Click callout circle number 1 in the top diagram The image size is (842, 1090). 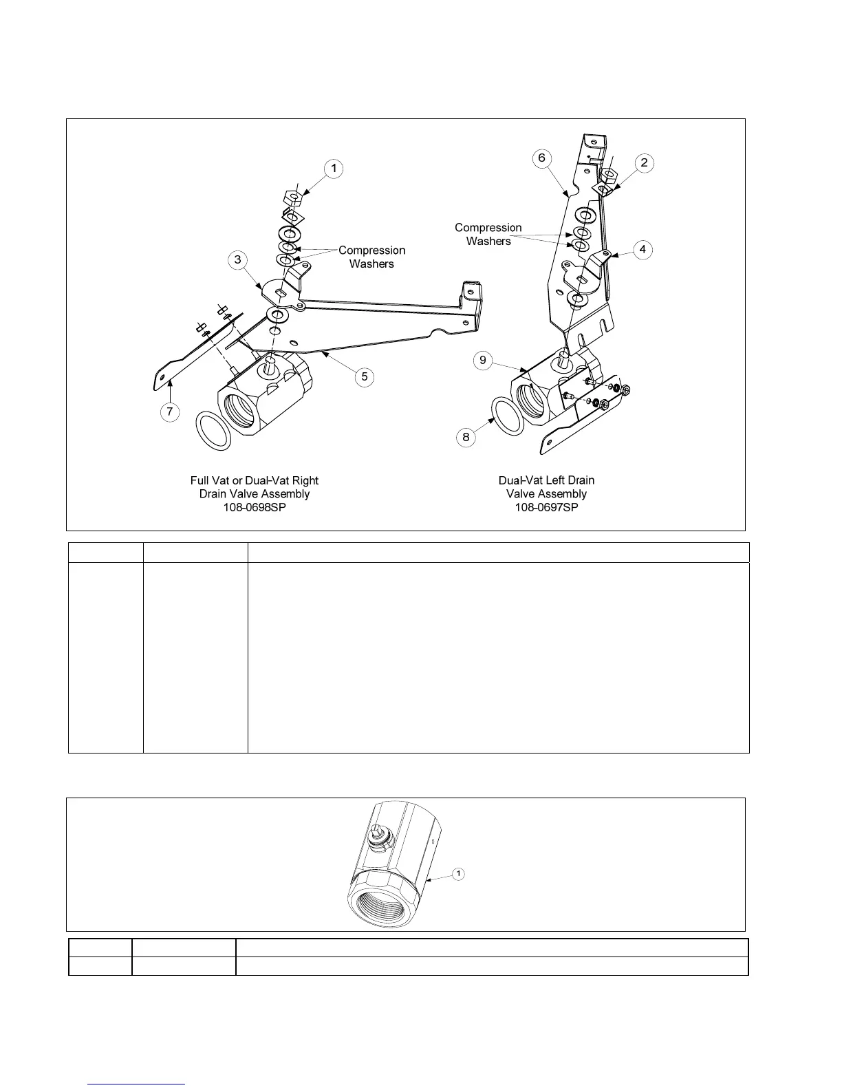tap(334, 169)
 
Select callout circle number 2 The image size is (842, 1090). tap(644, 162)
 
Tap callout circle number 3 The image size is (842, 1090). tap(238, 259)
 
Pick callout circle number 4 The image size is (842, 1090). tap(643, 249)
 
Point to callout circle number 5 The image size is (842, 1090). tap(365, 376)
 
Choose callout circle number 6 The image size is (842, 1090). tap(541, 158)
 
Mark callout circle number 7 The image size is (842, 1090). tap(169, 412)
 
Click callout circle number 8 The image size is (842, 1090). tap(466, 437)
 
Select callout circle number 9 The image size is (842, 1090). tap(483, 360)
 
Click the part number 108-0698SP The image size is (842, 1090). tap(254, 507)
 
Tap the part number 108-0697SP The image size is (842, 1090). tap(546, 507)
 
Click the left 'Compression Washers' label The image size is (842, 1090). tap(371, 257)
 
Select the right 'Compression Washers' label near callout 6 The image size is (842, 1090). tap(488, 234)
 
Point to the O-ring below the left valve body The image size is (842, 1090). tap(213, 431)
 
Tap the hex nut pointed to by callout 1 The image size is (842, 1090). tap(294, 199)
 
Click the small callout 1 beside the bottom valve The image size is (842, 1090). tap(458, 874)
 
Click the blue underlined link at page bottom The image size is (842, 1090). tap(137, 1084)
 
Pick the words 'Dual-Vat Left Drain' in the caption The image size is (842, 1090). tap(546, 480)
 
